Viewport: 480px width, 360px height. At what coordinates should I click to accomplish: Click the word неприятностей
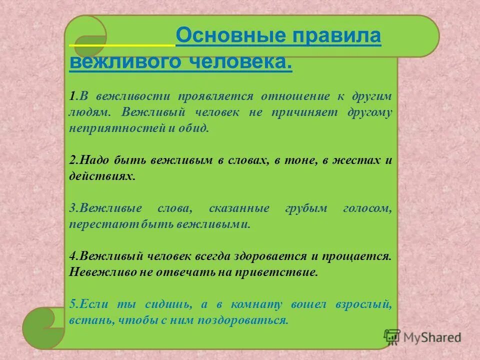116,128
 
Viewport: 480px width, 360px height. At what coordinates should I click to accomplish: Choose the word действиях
102,177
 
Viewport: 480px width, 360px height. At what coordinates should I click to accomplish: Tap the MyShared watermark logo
422,337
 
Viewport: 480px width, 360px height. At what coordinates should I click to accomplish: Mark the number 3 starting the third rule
72,208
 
